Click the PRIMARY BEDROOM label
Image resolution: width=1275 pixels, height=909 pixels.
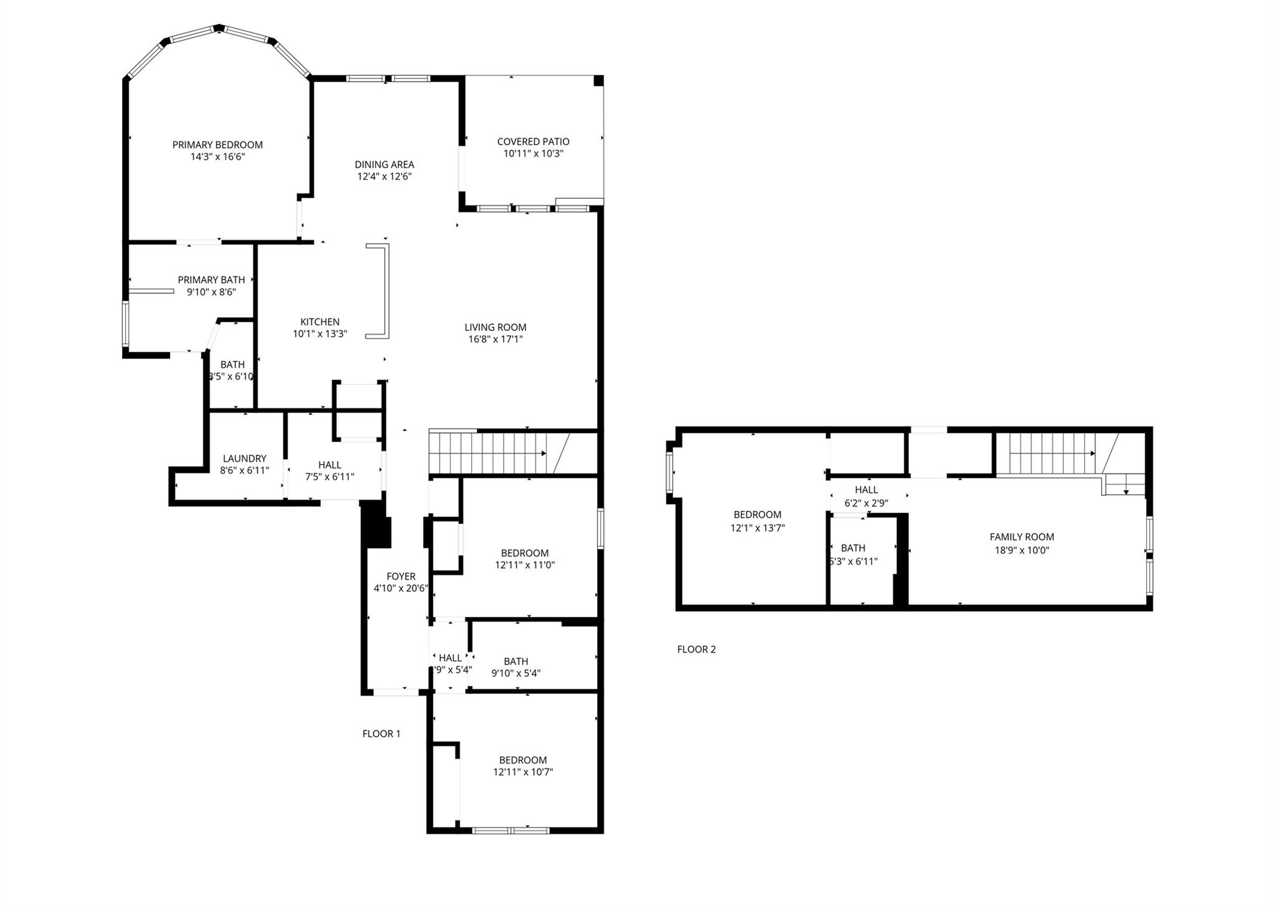[217, 145]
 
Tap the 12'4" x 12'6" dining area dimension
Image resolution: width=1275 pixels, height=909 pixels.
[384, 177]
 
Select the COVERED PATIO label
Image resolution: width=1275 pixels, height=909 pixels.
[533, 142]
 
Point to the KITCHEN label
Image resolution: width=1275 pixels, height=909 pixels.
[320, 322]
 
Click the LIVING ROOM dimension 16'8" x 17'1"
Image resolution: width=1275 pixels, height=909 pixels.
[496, 339]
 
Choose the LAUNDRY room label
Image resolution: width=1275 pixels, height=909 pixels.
[245, 459]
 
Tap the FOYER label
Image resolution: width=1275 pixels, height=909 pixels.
[400, 577]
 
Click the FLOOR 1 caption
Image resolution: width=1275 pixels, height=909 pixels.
[381, 734]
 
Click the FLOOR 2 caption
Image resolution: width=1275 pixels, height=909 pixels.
[696, 650]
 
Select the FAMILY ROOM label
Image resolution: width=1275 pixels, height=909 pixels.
[1022, 537]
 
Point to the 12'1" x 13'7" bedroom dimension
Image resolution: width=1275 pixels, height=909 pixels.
[757, 528]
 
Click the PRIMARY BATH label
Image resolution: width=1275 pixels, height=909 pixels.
[211, 280]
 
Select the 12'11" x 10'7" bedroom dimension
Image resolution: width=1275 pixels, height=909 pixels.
[523, 772]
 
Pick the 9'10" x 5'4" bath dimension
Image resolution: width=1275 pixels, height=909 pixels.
[515, 673]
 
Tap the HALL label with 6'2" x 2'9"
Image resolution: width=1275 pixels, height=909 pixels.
[866, 490]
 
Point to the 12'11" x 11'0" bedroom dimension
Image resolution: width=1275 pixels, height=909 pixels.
[525, 566]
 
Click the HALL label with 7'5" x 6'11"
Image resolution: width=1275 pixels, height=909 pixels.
[329, 465]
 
